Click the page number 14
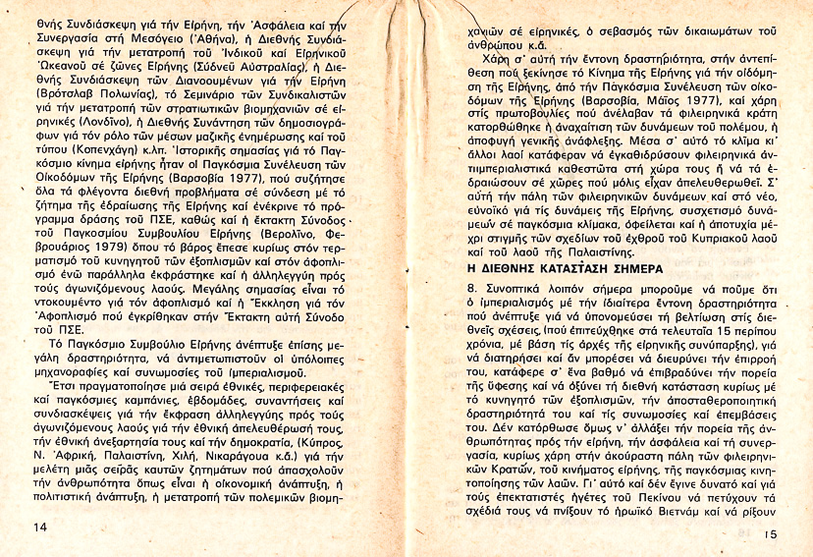pyautogui.click(x=39, y=528)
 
